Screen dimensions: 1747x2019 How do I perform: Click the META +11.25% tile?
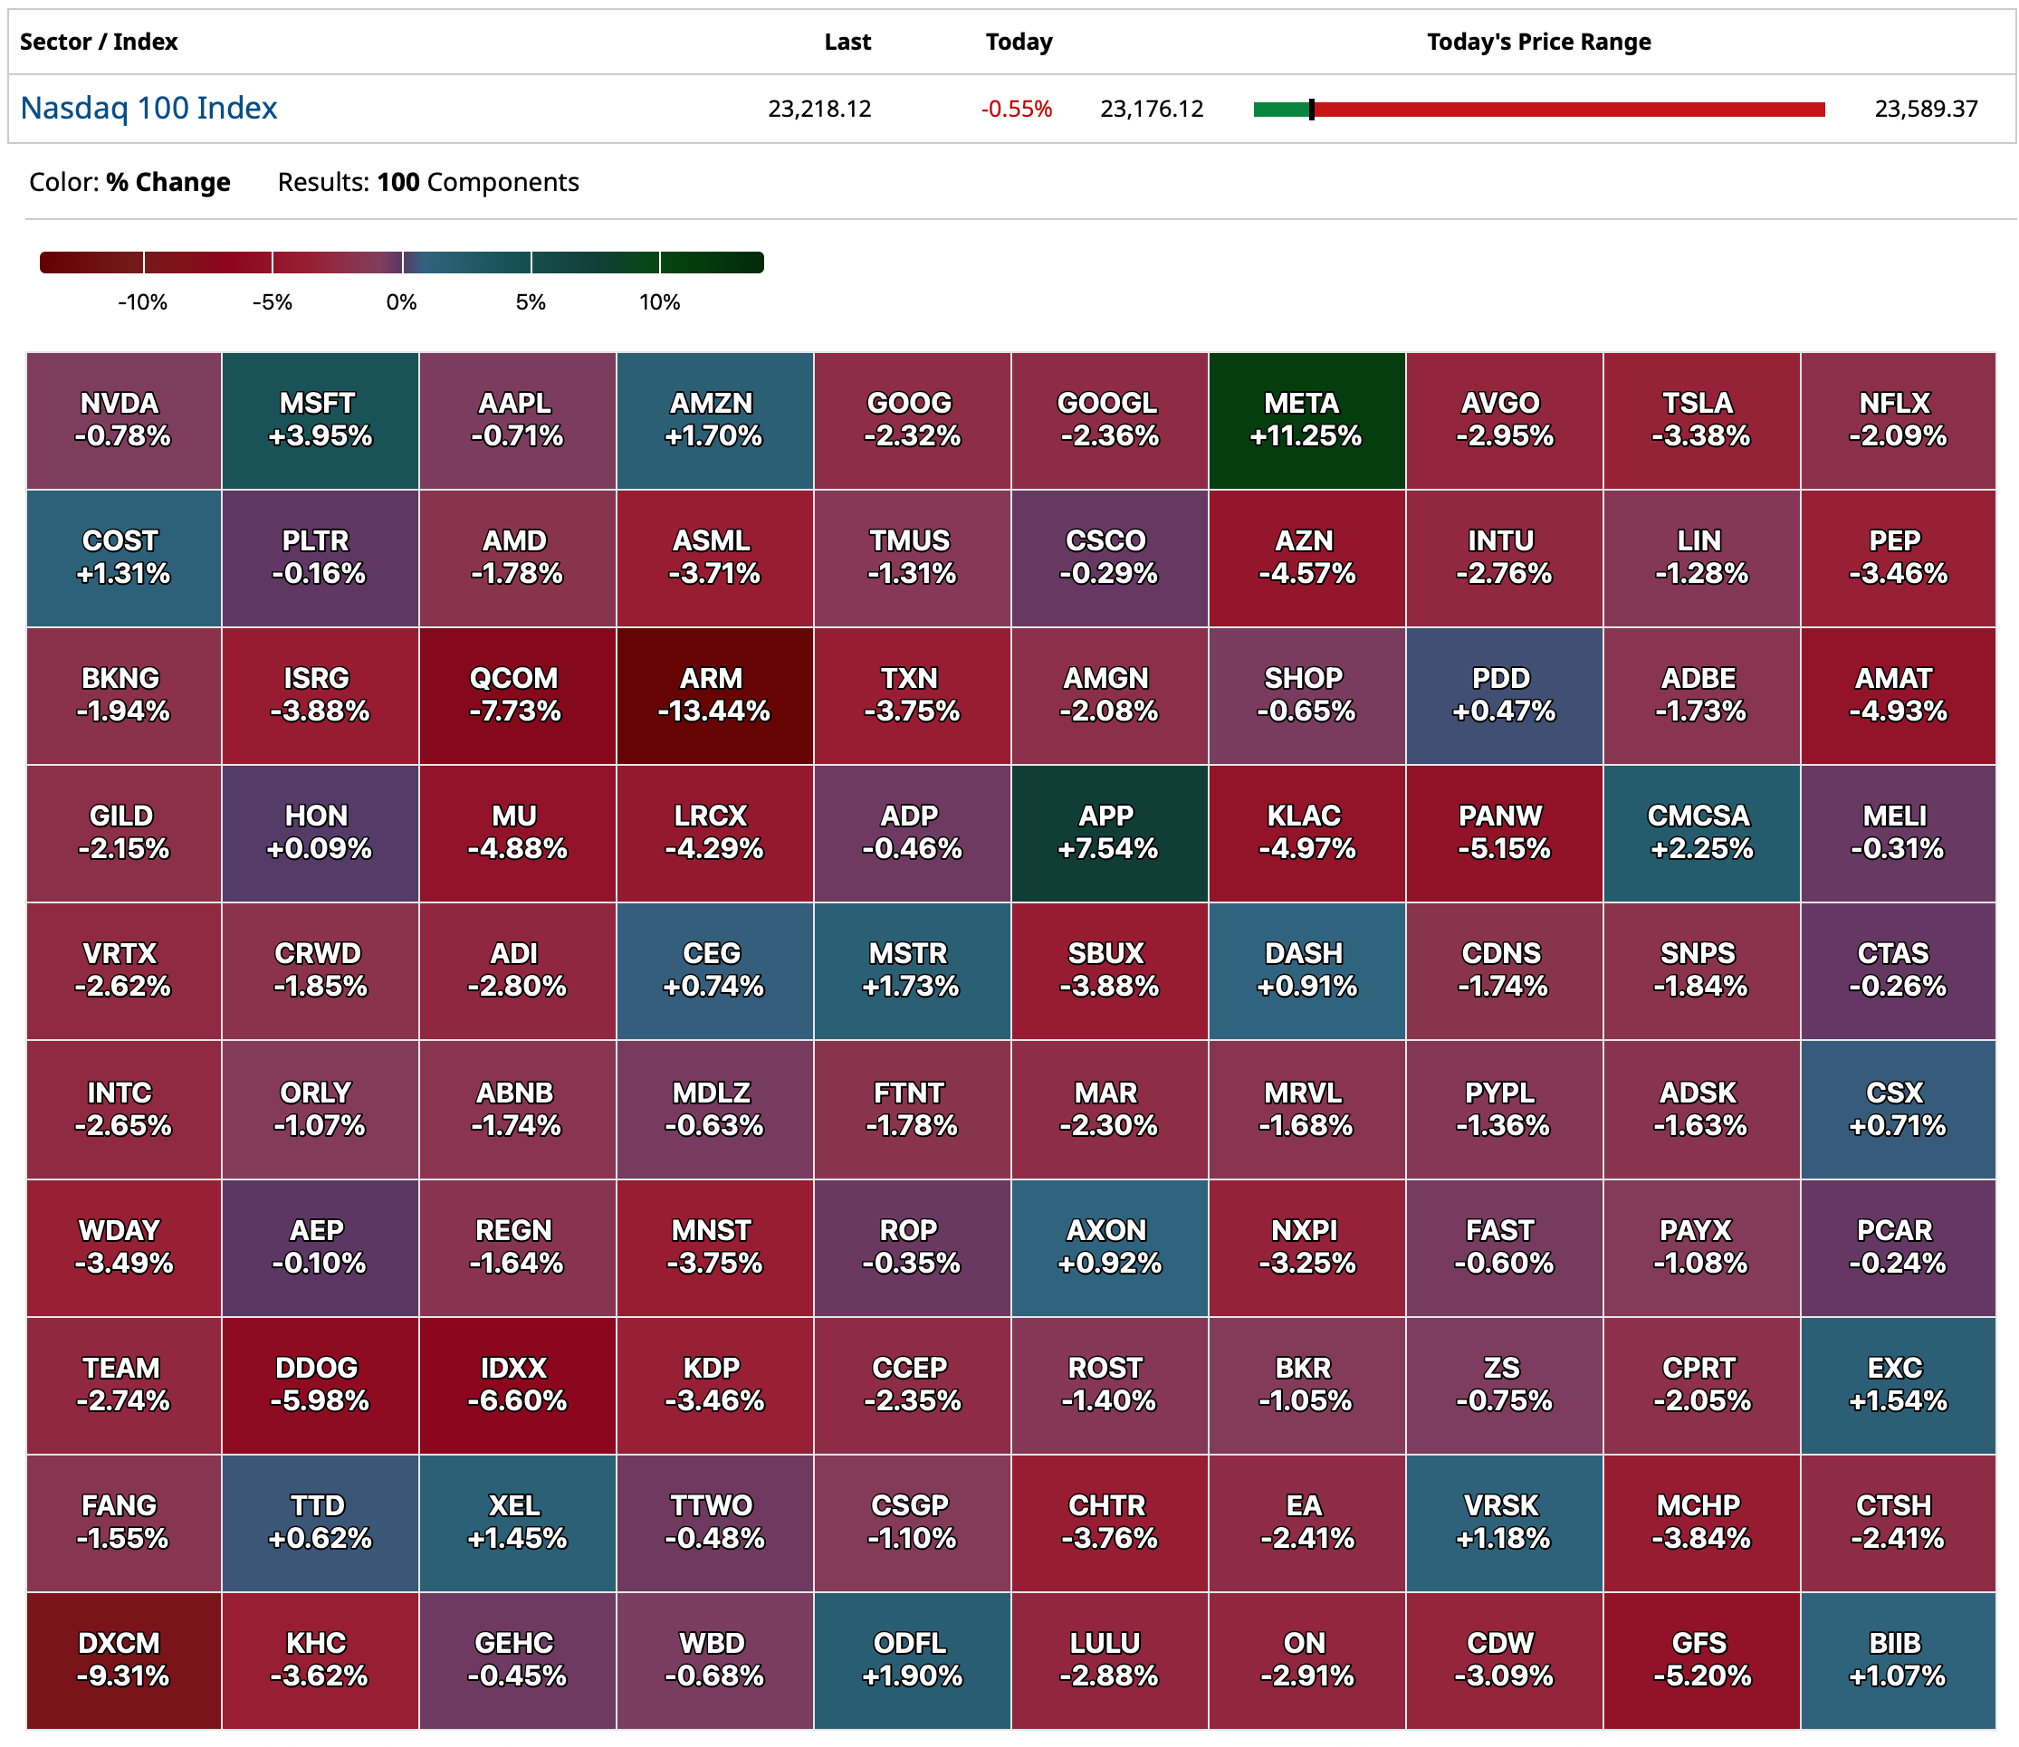click(x=1306, y=420)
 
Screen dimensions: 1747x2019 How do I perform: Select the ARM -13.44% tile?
click(x=713, y=695)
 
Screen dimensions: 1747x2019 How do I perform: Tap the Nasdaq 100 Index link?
click(x=149, y=109)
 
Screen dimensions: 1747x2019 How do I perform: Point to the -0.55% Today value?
click(x=1016, y=110)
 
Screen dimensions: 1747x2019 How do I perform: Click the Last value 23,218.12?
click(x=818, y=110)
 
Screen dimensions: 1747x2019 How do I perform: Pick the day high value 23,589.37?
click(x=1926, y=110)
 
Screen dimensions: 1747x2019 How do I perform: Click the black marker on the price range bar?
click(x=1311, y=110)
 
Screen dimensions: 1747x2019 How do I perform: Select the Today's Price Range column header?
click(x=1538, y=42)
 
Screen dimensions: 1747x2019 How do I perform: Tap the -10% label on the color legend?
click(x=142, y=302)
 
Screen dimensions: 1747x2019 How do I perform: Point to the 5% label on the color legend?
click(x=531, y=302)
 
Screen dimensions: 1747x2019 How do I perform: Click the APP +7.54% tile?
click(x=1108, y=833)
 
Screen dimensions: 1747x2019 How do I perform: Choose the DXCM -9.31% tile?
click(x=123, y=1659)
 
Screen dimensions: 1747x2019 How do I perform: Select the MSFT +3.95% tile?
click(x=320, y=420)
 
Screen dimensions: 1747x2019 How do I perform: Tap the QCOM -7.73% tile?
click(x=517, y=695)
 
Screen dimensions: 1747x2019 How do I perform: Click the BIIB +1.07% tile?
click(x=1897, y=1659)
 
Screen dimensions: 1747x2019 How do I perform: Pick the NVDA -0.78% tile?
click(x=123, y=420)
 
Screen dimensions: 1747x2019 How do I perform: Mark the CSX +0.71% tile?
click(x=1897, y=1110)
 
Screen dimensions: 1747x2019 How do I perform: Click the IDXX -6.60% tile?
click(x=517, y=1384)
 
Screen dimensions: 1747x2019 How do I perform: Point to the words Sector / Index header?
click(x=99, y=42)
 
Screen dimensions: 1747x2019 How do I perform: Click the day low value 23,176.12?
click(x=1152, y=110)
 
